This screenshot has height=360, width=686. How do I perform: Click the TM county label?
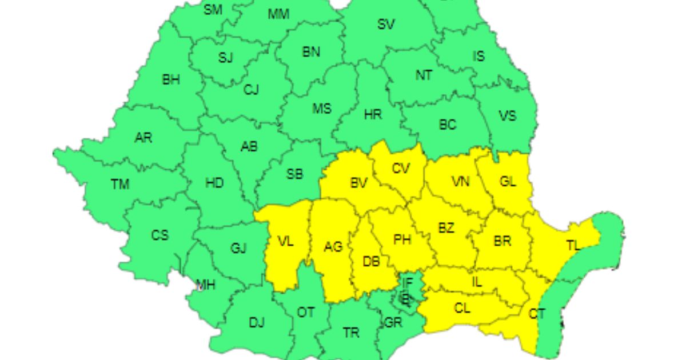click(x=120, y=184)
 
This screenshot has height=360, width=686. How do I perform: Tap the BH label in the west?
click(x=171, y=79)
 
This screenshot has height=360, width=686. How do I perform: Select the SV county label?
click(x=386, y=24)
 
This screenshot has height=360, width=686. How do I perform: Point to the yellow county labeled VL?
click(x=285, y=242)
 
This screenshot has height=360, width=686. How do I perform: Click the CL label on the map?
click(x=462, y=309)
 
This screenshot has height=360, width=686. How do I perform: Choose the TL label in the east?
click(x=573, y=245)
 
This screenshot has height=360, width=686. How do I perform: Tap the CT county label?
click(x=537, y=314)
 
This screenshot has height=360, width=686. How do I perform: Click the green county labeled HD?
click(x=214, y=183)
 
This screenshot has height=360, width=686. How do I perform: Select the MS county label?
click(x=321, y=108)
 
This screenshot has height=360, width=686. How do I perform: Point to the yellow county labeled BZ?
click(x=446, y=227)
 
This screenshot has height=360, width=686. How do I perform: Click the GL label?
click(x=508, y=182)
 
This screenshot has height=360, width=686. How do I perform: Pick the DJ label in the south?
click(x=257, y=323)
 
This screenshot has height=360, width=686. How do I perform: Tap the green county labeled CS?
click(x=160, y=234)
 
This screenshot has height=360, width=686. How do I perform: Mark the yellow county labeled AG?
click(x=333, y=247)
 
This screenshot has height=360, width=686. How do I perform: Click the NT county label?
click(x=424, y=75)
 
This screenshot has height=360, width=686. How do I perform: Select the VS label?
click(x=507, y=116)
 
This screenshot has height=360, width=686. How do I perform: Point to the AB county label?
click(x=249, y=147)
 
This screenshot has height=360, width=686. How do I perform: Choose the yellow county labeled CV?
click(x=401, y=169)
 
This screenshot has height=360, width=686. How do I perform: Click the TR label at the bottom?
click(x=351, y=333)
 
